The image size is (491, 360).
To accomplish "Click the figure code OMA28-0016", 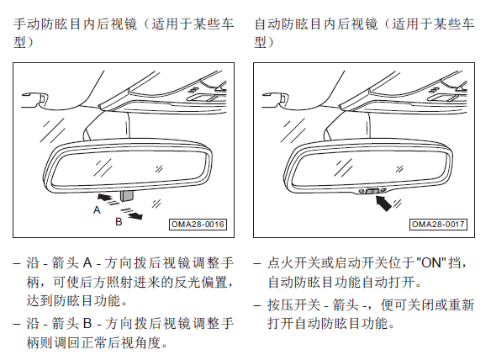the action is point(198,225).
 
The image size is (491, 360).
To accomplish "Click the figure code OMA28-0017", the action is point(438,225).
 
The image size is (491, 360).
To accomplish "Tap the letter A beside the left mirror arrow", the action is point(97,210).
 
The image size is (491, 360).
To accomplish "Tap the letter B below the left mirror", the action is point(119,222).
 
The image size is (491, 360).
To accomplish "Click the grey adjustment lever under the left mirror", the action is point(126,195).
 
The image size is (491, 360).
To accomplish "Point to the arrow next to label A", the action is point(108,199).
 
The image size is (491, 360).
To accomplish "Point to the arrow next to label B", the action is point(132,214).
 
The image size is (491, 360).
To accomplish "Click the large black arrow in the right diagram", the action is point(384,203).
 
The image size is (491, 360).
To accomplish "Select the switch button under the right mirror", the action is point(372,191).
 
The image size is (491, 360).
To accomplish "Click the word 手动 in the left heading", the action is point(27,24).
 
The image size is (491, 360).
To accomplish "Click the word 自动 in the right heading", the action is point(267,24).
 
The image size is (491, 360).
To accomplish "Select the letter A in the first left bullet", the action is point(87,262).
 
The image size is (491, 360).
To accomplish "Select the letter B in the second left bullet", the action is point(87,323).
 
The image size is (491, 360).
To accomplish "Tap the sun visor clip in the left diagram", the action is point(35,99).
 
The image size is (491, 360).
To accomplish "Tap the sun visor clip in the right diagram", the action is point(276,99).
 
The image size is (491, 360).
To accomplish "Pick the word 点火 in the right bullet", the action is point(281,262).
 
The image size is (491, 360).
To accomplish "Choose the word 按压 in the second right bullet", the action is point(281,304).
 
